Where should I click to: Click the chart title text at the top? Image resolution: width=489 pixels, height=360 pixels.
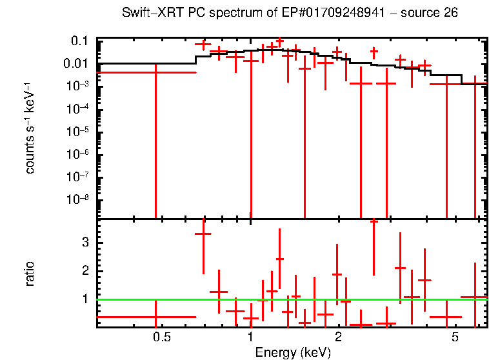point(290,14)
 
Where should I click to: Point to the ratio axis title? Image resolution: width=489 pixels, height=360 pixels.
point(30,274)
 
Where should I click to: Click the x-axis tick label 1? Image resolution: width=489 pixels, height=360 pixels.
point(250,337)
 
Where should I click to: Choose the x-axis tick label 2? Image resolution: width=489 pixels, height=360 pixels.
point(338,337)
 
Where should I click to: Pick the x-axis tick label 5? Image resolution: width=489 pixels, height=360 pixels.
point(455,337)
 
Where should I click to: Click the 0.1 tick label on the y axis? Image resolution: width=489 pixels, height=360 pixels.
point(79,41)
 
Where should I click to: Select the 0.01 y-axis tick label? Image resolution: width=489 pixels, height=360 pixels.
point(76,63)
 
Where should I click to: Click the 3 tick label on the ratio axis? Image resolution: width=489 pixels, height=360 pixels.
point(84,242)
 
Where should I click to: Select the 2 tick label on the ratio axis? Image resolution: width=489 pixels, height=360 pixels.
point(84,271)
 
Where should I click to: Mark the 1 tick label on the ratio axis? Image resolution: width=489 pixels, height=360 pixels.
point(84,299)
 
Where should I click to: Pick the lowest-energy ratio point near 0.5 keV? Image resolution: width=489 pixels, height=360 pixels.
point(155,317)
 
